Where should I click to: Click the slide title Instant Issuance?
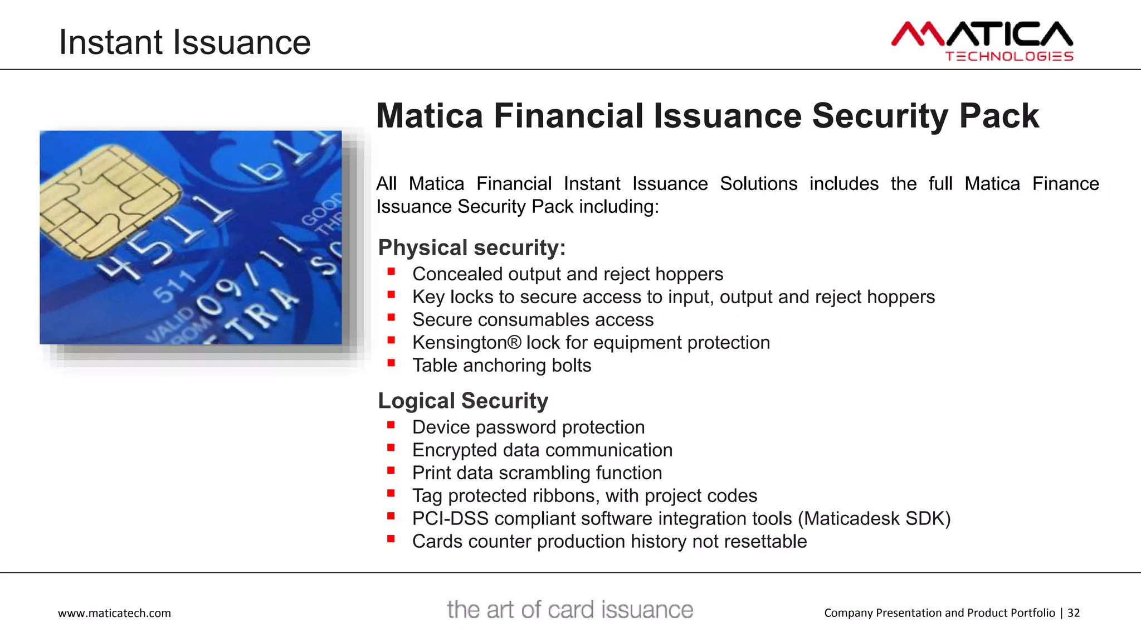pos(184,42)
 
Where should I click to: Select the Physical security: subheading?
pos(471,247)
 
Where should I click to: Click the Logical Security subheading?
pos(462,401)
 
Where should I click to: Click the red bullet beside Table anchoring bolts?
pos(391,363)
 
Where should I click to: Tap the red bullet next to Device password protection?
pos(391,425)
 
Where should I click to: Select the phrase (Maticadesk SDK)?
pos(874,518)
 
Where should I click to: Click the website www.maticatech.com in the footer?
pos(114,613)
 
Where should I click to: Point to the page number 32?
pos(1073,613)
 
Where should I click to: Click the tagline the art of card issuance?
pos(569,610)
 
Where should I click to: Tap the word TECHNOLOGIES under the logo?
pos(1009,56)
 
